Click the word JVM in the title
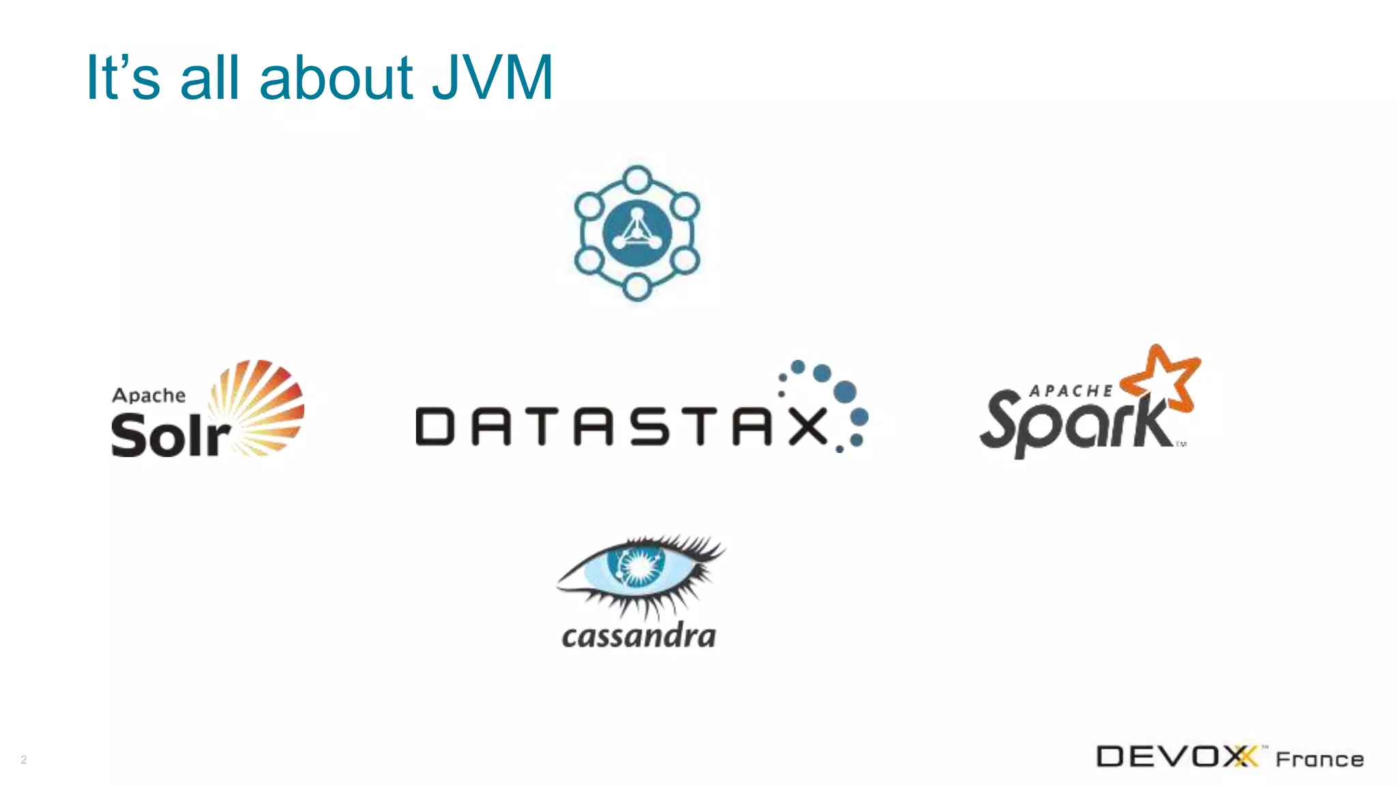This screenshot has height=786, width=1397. click(492, 77)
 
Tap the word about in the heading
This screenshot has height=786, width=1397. click(336, 77)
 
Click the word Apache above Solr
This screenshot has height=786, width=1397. click(149, 396)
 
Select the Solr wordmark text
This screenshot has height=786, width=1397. click(171, 436)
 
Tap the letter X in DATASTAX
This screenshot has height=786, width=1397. click(808, 426)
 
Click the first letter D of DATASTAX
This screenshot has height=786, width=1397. click(435, 426)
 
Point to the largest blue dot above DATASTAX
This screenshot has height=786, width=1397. click(844, 392)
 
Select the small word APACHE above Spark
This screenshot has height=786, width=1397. click(1071, 391)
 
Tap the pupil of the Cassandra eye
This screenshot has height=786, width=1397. click(639, 566)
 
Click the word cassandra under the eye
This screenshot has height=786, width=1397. click(639, 636)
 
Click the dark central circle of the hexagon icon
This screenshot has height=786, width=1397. click(637, 233)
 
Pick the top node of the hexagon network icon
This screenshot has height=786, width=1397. click(637, 179)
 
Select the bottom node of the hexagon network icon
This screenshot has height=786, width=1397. click(637, 287)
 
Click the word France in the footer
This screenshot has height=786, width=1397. click(1320, 759)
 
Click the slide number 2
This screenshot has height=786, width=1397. click(24, 759)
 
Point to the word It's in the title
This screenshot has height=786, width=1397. click(123, 77)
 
